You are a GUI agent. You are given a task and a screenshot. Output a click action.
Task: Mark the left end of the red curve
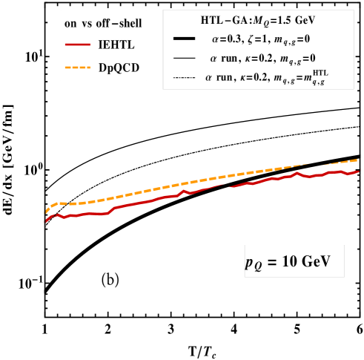tap(46, 221)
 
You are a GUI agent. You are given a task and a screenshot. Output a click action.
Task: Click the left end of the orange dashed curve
tap(46, 212)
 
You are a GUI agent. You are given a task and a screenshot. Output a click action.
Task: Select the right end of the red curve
tap(359, 171)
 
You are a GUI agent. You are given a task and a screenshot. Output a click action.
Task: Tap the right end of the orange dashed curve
tap(359, 160)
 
